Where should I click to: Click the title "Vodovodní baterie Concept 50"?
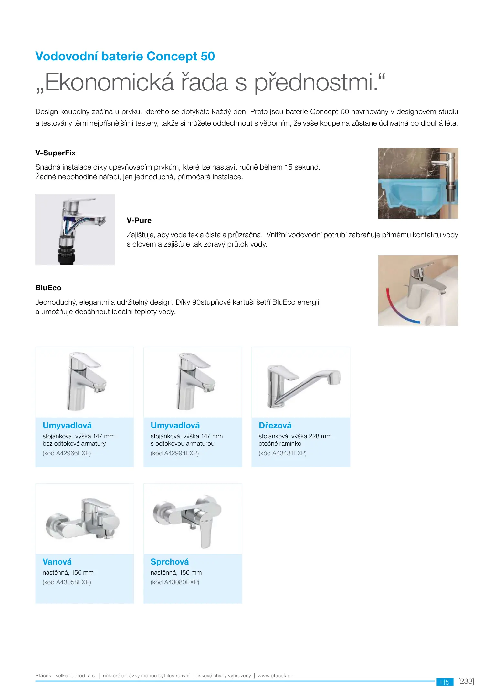tap(125, 56)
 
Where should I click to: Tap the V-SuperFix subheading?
tap(55, 153)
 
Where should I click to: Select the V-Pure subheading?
tap(139, 220)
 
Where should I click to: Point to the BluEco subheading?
tap(48, 288)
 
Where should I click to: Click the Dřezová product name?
tap(275, 425)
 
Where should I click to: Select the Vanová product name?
tap(57, 562)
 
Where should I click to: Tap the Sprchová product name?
tap(170, 562)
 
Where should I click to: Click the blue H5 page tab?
tap(445, 682)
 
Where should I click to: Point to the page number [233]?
tap(466, 681)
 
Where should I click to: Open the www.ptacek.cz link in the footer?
tap(275, 675)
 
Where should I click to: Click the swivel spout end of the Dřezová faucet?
tap(334, 377)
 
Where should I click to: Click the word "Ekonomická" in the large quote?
tap(109, 83)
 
